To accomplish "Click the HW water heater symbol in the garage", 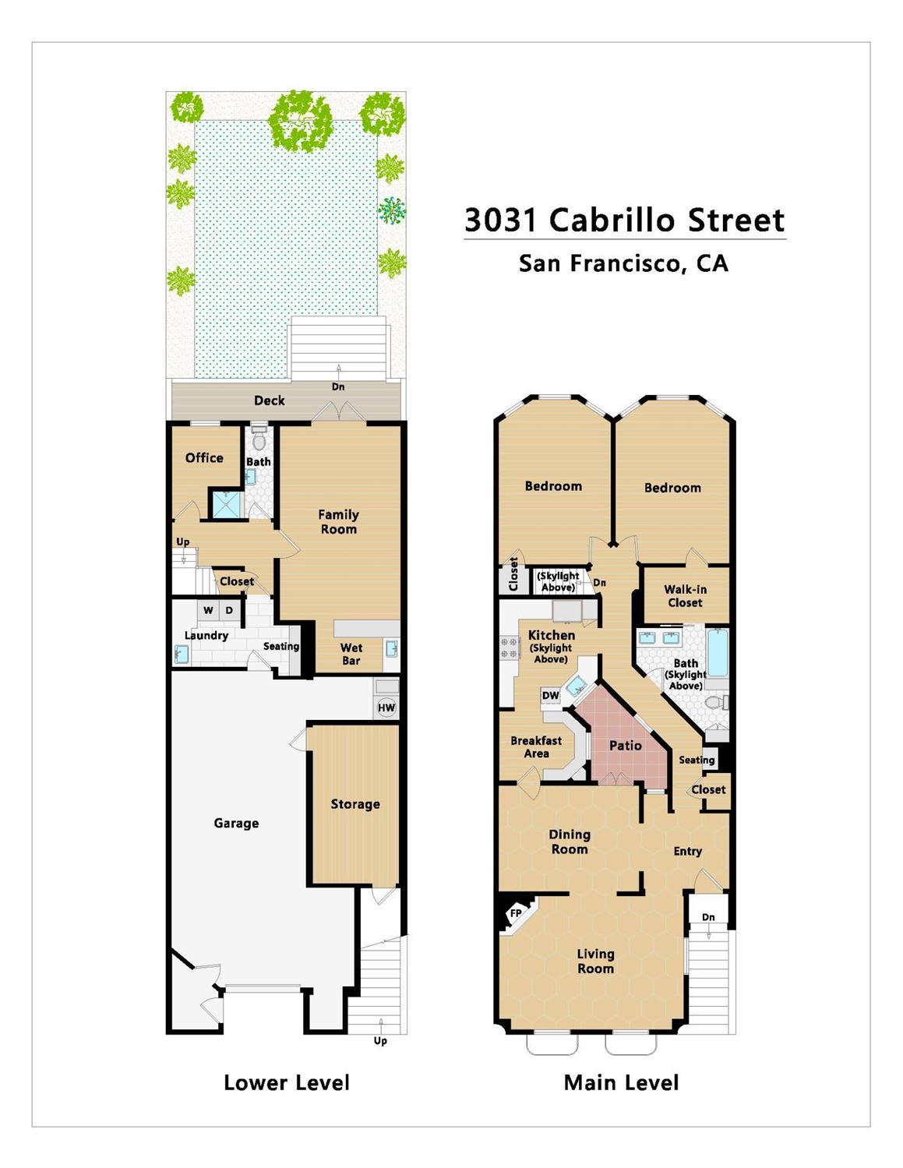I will point(386,708).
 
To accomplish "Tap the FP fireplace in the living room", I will point(516,913).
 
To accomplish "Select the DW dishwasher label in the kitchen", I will point(550,696).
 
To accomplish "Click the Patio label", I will point(625,746).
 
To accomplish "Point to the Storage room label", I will point(355,804).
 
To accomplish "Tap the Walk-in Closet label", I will point(685,596).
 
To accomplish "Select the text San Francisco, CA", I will point(623,263).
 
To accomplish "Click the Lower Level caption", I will point(286,1082).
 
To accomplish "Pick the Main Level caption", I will point(621,1082).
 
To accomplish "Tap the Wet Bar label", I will point(351,654).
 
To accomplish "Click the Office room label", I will point(204,458).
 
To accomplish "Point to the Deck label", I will point(270,401).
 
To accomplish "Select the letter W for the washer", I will point(208,610).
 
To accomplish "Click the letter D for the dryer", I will point(229,610).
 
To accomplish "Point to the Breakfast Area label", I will point(536,746).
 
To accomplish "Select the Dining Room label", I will point(570,842).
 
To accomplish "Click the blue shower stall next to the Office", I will point(227,503).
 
